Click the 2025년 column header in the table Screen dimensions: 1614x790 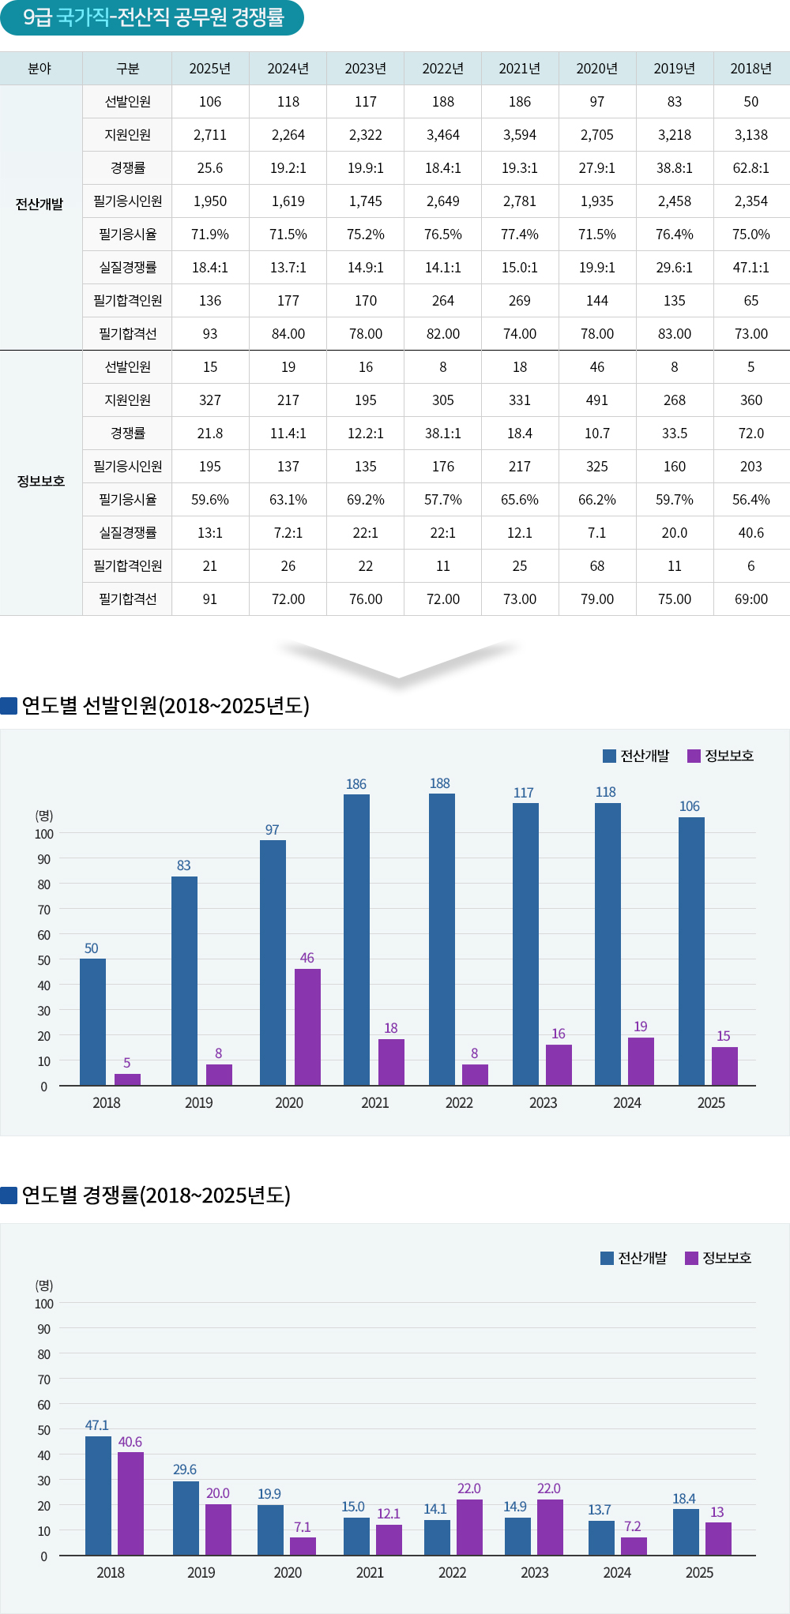coord(210,69)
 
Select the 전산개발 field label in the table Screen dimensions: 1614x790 coord(39,205)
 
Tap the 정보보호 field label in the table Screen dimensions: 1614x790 coord(41,481)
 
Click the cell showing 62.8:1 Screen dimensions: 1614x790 coord(750,168)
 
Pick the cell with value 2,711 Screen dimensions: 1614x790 coord(210,135)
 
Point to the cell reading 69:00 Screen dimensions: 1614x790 coord(750,599)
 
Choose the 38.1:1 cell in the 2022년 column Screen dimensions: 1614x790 coord(443,434)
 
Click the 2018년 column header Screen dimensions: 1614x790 coord(750,69)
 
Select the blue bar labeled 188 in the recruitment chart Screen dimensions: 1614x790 coord(442,940)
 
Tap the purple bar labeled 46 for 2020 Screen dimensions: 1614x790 coord(307,1027)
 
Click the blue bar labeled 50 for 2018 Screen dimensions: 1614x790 coord(92,1022)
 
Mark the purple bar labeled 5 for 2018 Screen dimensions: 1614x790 coord(127,1079)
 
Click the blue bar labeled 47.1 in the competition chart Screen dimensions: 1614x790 coord(98,1496)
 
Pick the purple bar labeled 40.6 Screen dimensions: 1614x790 coord(131,1503)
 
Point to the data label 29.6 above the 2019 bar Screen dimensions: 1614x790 coord(185,1469)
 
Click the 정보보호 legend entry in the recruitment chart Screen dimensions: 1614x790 coord(720,756)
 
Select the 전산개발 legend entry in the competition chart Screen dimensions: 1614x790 coord(634,1258)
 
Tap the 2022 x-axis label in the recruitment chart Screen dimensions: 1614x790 coord(459,1103)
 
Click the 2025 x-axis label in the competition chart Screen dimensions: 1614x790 coord(699,1573)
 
